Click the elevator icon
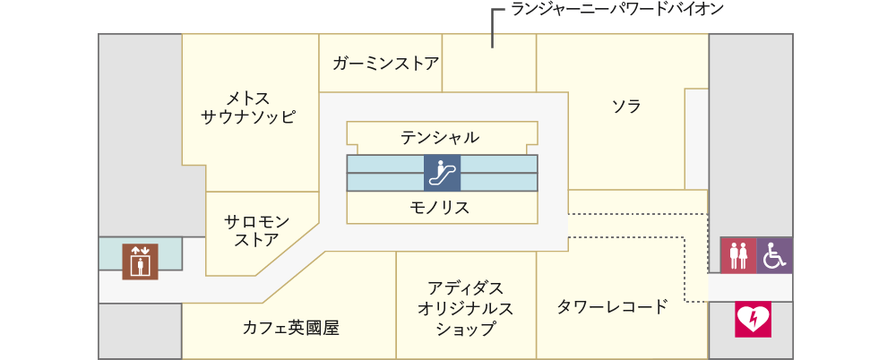click(x=140, y=261)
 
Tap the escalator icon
click(x=442, y=173)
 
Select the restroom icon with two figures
click(x=737, y=255)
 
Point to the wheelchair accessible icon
click(x=774, y=255)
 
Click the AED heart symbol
click(x=754, y=319)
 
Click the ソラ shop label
click(x=626, y=107)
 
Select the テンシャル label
click(x=439, y=137)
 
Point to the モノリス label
click(x=439, y=207)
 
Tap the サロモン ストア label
click(x=257, y=230)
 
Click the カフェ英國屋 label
click(x=291, y=328)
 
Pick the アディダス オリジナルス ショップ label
click(x=465, y=307)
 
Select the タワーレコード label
click(x=613, y=307)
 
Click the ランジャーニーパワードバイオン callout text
click(x=617, y=9)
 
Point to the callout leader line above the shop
click(x=493, y=28)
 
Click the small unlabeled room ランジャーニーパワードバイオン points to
click(x=489, y=63)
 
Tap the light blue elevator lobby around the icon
click(x=141, y=253)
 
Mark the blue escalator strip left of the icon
click(x=385, y=173)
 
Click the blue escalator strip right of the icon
click(x=499, y=173)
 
